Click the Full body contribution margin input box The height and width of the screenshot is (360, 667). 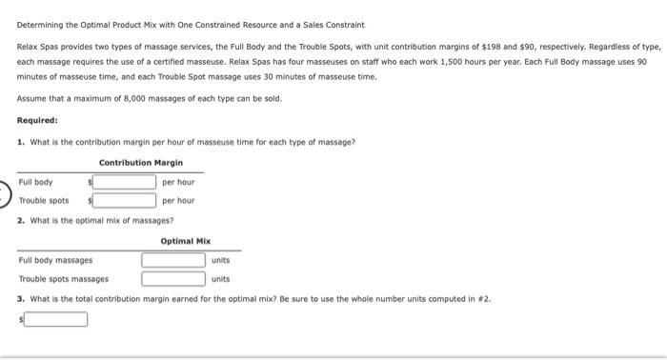point(125,182)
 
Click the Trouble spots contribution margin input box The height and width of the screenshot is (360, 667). point(125,200)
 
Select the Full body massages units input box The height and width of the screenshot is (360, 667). point(173,260)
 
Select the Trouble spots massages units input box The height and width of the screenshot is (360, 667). point(173,279)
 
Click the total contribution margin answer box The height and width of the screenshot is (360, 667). point(56,319)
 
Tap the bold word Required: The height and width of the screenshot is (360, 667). point(38,121)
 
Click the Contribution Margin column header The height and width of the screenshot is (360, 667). point(141,163)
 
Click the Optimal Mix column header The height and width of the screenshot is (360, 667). point(186,242)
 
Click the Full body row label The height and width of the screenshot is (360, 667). point(36,182)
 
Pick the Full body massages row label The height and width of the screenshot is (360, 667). point(56,260)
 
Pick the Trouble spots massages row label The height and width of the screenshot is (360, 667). point(64,279)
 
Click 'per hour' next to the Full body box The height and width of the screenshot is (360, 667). point(178,182)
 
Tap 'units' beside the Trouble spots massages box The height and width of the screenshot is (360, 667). point(221,279)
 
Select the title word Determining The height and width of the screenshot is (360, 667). point(41,25)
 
